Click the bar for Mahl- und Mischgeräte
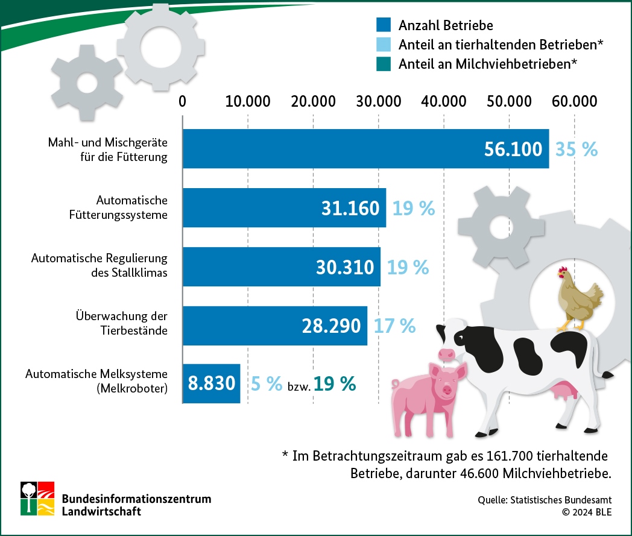click(332, 148)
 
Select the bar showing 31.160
click(283, 207)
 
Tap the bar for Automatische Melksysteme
click(211, 383)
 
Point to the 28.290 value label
click(331, 326)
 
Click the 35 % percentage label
click(577, 149)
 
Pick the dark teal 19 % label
click(335, 384)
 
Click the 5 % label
click(266, 384)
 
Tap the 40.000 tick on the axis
click(443, 101)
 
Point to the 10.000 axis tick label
click(248, 101)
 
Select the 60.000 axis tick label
click(573, 101)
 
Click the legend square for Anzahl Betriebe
click(384, 25)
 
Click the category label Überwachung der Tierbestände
click(121, 323)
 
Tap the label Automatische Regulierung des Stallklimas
click(99, 265)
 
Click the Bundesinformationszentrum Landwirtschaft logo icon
click(37, 498)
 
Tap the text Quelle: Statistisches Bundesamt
click(545, 500)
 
